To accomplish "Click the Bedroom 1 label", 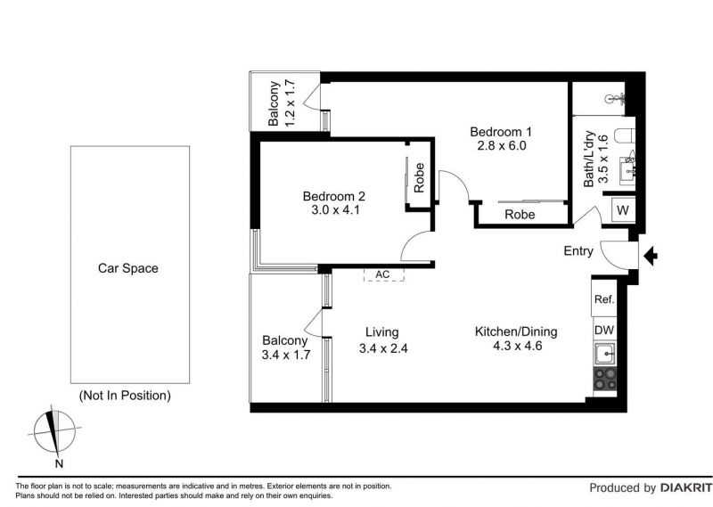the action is [501, 132].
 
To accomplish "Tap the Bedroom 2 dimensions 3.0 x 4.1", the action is [336, 210].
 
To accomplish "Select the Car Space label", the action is [128, 268].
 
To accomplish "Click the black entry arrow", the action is [651, 256].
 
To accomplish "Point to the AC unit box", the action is [384, 274].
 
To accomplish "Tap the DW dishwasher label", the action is [604, 330].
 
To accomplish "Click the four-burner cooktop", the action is [605, 380].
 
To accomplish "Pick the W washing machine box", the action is [623, 210].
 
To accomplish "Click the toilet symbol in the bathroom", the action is [625, 136].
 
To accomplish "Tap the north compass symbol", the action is [54, 430].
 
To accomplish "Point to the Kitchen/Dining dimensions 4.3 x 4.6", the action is [518, 346].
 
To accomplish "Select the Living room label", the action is [382, 333].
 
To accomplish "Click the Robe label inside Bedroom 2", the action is [419, 178].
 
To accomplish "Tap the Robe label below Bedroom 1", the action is [520, 215].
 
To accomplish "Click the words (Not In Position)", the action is [125, 396].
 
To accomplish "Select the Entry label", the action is [578, 251].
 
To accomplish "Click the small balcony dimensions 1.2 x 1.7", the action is [289, 103].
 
